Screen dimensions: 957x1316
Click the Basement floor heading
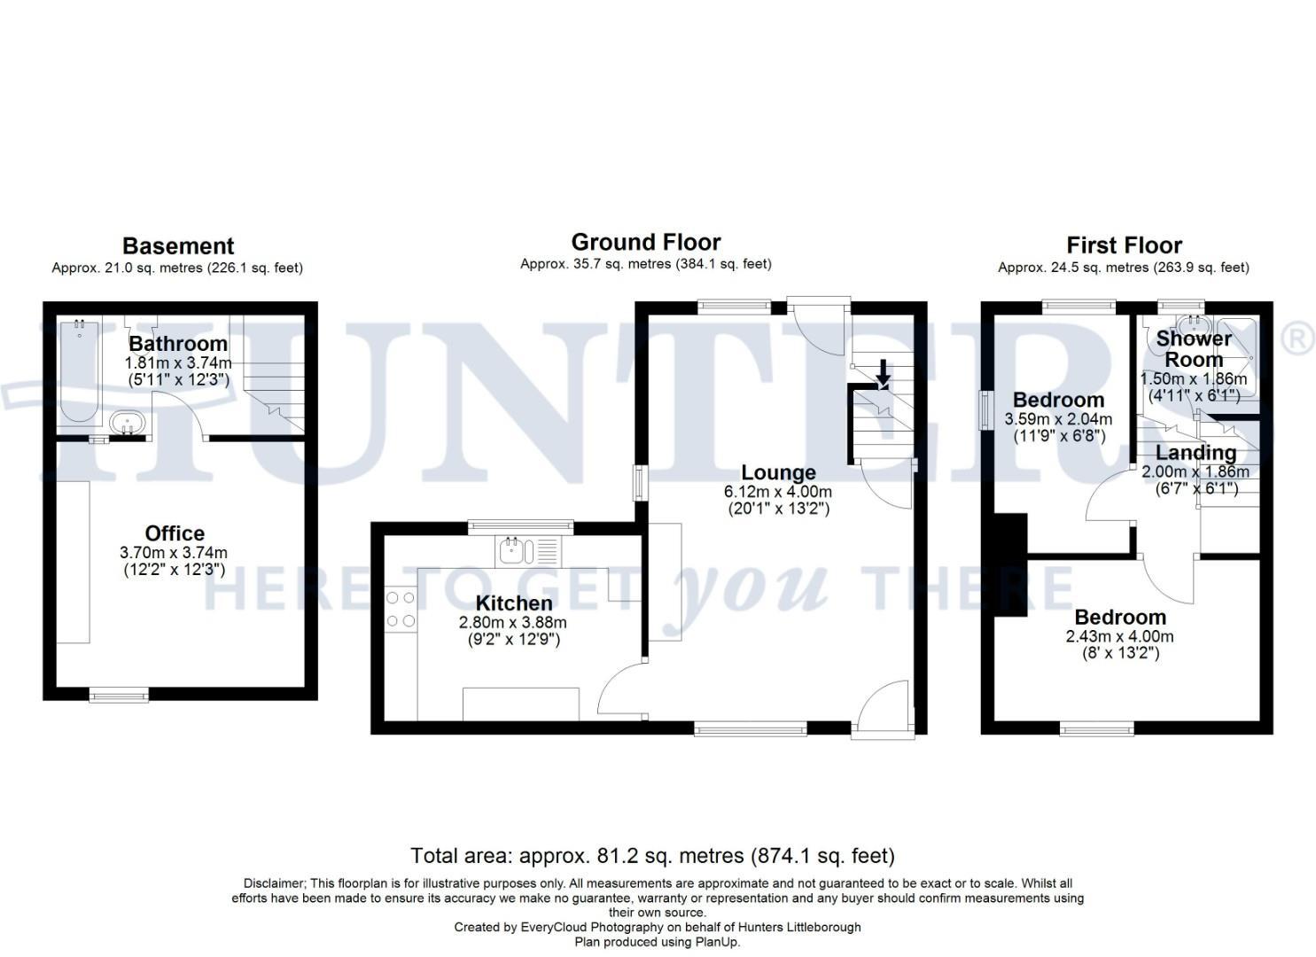coord(178,246)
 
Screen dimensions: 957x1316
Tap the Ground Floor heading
coord(645,243)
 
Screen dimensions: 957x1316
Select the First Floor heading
coord(1124,245)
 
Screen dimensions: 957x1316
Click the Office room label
coord(175,533)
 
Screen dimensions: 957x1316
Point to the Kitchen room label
coord(514,603)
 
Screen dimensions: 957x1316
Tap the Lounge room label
coord(778,472)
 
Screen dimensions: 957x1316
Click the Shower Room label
coord(1194,349)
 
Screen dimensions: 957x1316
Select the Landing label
coord(1195,453)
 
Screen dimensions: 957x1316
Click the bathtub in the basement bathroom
coord(80,372)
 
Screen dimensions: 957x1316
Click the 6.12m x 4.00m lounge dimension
coord(778,492)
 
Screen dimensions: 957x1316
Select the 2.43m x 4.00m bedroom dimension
coord(1119,636)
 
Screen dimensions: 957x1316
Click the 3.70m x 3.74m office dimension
coord(174,552)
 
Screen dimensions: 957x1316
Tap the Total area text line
coord(652,856)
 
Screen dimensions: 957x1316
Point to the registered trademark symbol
coord(1299,339)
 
